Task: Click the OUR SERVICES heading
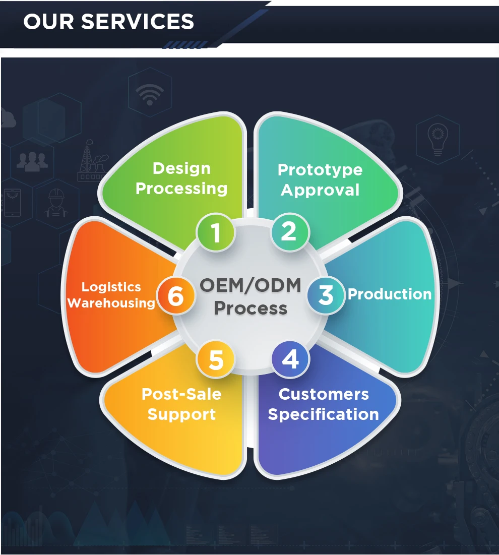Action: (108, 22)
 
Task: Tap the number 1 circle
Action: (216, 233)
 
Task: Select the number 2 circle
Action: (289, 231)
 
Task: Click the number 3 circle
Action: (326, 295)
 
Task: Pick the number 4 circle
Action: (290, 360)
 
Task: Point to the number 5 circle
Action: (216, 360)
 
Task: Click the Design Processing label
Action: (181, 178)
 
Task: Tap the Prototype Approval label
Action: (320, 180)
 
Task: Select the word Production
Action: (390, 294)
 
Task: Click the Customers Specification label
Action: (324, 404)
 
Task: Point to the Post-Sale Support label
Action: (181, 404)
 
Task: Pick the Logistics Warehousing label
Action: (111, 295)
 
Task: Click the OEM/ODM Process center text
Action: (251, 296)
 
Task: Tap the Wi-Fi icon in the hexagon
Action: (149, 94)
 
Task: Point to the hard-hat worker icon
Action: (57, 203)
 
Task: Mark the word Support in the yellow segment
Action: (181, 415)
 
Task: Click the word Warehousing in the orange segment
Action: (111, 303)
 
